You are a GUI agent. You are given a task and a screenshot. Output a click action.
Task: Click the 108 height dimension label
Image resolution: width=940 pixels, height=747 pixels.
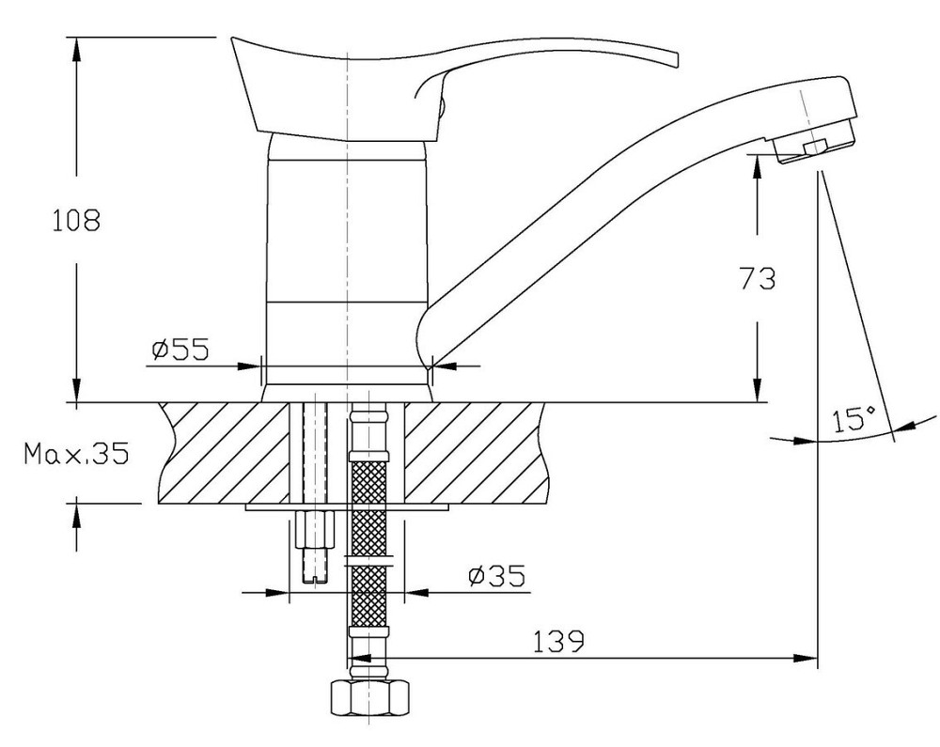[x=75, y=221]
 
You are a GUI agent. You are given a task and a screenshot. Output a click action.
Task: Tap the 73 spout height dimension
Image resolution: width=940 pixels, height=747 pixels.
[x=757, y=278]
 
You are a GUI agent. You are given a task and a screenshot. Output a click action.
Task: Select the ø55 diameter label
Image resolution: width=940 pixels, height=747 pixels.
[x=180, y=350]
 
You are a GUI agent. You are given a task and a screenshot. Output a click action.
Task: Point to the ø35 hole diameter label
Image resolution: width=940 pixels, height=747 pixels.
[x=495, y=576]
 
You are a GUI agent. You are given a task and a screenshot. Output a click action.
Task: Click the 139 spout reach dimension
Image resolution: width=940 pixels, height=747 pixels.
[x=558, y=642]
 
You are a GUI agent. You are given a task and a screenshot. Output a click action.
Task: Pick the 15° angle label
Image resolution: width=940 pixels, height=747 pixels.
[x=854, y=419]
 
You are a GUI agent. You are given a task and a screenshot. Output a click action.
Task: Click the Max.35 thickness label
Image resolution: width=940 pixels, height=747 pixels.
[x=76, y=454]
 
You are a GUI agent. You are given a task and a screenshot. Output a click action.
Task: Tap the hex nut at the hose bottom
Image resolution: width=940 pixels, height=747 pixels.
[x=368, y=696]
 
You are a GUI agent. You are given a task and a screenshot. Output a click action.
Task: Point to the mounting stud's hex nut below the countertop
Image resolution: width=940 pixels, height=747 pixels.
[x=315, y=529]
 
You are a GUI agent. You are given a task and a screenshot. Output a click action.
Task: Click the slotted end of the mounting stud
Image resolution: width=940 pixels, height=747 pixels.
[x=315, y=576]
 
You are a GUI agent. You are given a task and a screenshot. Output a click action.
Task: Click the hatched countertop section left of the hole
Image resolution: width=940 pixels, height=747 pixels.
[x=224, y=453]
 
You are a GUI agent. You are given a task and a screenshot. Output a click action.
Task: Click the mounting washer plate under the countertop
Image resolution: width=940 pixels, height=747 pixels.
[x=347, y=507]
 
